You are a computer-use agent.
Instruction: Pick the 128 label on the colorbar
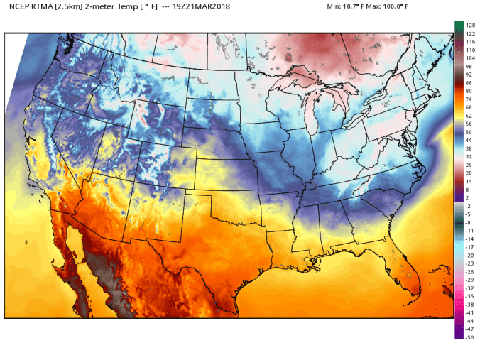pos(469,25)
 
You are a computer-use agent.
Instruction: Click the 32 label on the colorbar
pos(469,156)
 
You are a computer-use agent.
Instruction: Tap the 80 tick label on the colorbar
pos(469,91)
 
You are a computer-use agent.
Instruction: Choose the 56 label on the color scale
pos(469,124)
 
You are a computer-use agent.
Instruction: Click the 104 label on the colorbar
pos(469,58)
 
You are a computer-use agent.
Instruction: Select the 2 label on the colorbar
pos(467,197)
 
